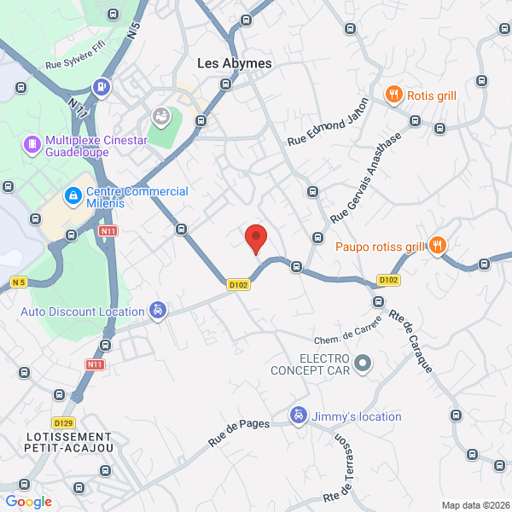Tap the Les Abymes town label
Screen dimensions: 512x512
click(x=234, y=63)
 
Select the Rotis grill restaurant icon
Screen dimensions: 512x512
click(x=393, y=96)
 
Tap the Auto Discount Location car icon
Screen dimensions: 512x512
click(x=157, y=311)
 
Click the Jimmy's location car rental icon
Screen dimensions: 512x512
click(x=298, y=416)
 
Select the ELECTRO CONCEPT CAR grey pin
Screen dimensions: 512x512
click(x=363, y=364)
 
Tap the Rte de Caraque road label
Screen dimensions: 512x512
click(x=411, y=339)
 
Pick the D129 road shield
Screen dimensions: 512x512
click(x=62, y=422)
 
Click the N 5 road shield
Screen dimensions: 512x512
click(x=19, y=282)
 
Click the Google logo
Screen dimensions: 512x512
click(x=28, y=502)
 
